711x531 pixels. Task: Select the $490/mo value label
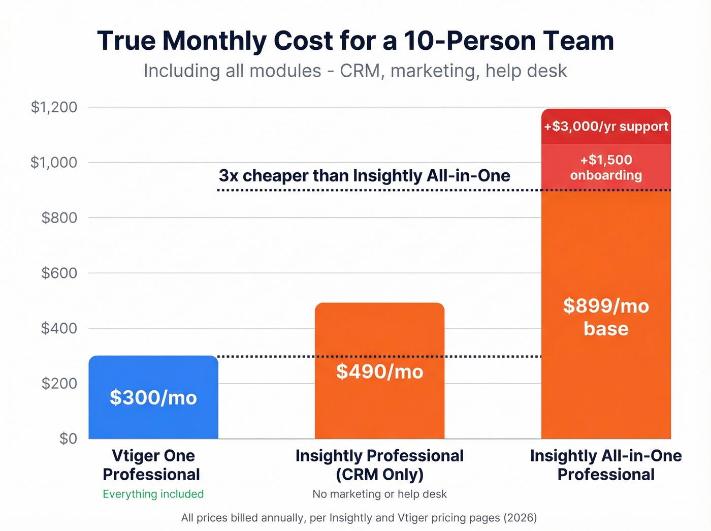[379, 372]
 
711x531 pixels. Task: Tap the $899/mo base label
[606, 317]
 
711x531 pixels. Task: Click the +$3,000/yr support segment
[606, 127]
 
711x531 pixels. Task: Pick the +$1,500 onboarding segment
[606, 167]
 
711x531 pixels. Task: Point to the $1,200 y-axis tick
[54, 107]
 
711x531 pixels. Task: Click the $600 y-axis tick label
[59, 273]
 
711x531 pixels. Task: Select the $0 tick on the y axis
[68, 439]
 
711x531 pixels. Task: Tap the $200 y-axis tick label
[59, 383]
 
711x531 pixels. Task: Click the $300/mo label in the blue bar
[153, 398]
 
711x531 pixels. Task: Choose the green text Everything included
[153, 494]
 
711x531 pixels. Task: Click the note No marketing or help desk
[379, 494]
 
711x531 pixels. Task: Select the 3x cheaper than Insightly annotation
[364, 176]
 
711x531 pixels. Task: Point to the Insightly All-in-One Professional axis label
[606, 465]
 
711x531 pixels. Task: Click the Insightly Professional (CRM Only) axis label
[379, 465]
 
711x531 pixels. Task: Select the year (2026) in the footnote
[520, 518]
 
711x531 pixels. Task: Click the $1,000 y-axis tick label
[54, 163]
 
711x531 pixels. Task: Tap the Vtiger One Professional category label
[153, 465]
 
